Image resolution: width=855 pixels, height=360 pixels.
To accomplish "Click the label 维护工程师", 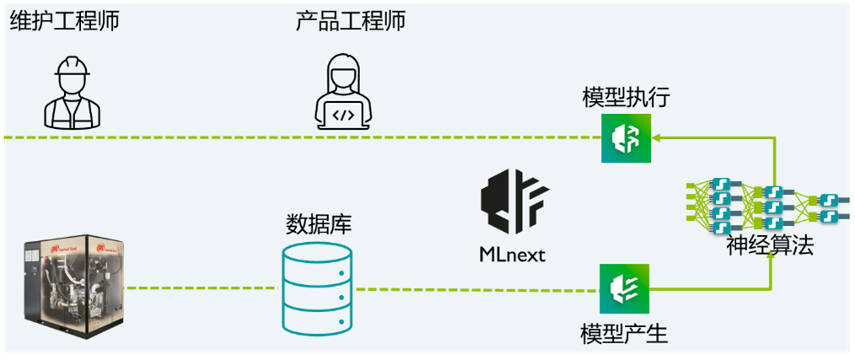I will click(x=64, y=21).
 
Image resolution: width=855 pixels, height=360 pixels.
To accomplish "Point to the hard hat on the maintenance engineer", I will click(x=72, y=67).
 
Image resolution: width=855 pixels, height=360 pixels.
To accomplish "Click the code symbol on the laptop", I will click(x=342, y=115).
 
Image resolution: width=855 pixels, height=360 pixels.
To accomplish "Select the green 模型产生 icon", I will click(x=624, y=288).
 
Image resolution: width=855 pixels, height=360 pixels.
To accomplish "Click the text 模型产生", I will click(x=624, y=334).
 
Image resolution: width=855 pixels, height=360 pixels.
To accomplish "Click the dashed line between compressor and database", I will click(x=202, y=288).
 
